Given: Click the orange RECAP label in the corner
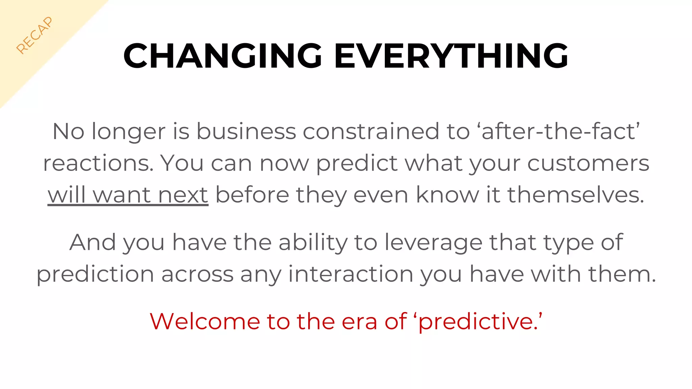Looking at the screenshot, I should (34, 35).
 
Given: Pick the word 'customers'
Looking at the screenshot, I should (588, 163).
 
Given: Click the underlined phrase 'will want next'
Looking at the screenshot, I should (128, 195).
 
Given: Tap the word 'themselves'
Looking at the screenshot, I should (576, 195).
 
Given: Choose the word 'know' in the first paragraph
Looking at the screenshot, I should (447, 195).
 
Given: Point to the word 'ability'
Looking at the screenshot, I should (313, 242).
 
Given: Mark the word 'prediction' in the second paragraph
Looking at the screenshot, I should (95, 274).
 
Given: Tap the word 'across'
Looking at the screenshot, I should (197, 274).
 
